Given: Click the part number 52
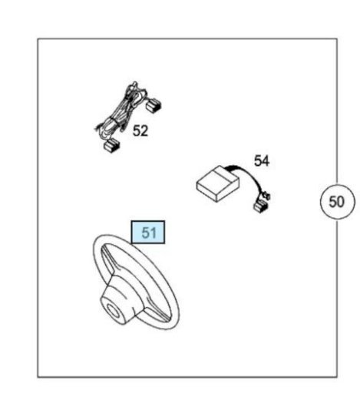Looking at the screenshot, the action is pyautogui.click(x=140, y=130).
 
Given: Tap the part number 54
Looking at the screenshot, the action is pyautogui.click(x=262, y=161).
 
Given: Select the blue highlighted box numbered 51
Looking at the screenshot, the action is pyautogui.click(x=148, y=233).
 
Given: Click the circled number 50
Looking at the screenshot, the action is pyautogui.click(x=338, y=202).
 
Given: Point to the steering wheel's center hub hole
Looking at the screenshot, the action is pyautogui.click(x=112, y=310).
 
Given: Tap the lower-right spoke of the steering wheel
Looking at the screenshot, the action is pyautogui.click(x=156, y=312).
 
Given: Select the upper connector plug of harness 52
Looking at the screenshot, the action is pyautogui.click(x=154, y=105).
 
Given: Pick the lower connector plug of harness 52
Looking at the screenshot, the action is pyautogui.click(x=111, y=146).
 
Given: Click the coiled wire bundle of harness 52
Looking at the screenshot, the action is pyautogui.click(x=121, y=115).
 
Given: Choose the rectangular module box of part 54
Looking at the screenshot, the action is pyautogui.click(x=218, y=183).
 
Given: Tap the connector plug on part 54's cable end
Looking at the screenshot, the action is pyautogui.click(x=261, y=206).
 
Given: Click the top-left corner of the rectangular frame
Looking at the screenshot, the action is pyautogui.click(x=38, y=39).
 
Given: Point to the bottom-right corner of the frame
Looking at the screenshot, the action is pyautogui.click(x=336, y=376).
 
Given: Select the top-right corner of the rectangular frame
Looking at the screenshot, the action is pyautogui.click(x=336, y=39).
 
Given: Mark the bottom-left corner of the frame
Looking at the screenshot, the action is pyautogui.click(x=38, y=376).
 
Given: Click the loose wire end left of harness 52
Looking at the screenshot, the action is pyautogui.click(x=98, y=127).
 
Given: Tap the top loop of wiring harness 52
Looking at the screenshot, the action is pyautogui.click(x=134, y=86).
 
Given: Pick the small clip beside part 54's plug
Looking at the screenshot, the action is pyautogui.click(x=266, y=196).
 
